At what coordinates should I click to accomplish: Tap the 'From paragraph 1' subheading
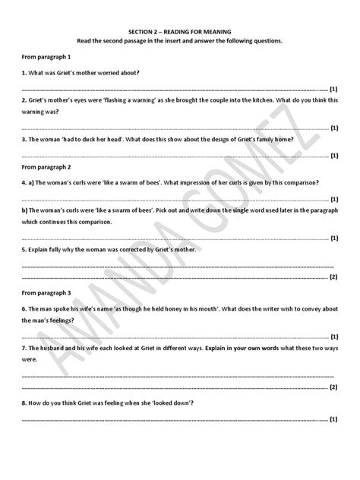tap(46, 58)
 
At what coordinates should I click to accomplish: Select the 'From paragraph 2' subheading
tap(46, 166)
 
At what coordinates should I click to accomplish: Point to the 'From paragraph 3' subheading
tap(46, 292)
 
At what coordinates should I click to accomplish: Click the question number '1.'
tap(24, 73)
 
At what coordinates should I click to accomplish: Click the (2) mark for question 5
tap(333, 278)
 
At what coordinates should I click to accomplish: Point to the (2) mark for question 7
tap(333, 387)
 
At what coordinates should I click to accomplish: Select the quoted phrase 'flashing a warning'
tap(120, 99)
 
